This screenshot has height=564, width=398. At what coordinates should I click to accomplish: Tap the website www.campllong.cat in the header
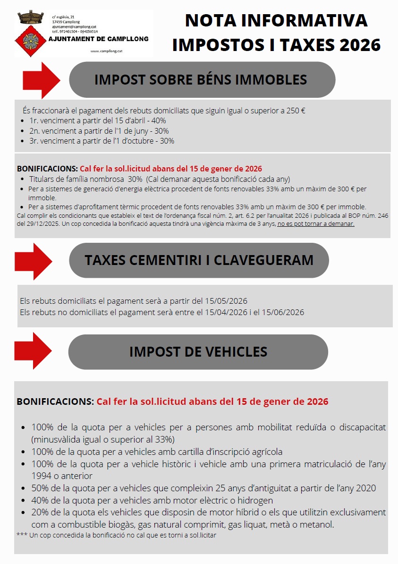[106, 51]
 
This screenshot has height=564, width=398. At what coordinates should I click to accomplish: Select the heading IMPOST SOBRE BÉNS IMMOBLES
[201, 79]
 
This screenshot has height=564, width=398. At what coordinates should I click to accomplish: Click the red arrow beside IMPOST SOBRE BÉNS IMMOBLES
[42, 79]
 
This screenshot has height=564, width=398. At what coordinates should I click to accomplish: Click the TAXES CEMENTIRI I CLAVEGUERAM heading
[199, 260]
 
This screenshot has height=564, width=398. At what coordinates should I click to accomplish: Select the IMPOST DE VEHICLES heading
[198, 352]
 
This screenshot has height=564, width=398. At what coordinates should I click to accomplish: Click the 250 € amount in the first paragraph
[295, 111]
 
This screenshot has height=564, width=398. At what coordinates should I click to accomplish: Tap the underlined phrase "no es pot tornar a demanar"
[316, 224]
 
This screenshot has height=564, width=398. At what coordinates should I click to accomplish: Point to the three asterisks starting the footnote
[21, 535]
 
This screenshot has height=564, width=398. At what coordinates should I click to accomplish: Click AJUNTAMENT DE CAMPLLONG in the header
[98, 39]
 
